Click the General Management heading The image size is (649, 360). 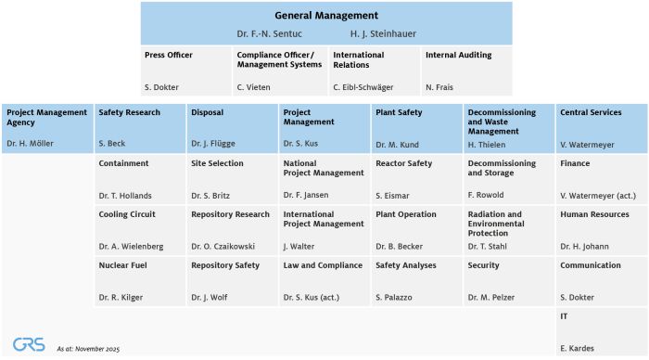pyautogui.click(x=326, y=16)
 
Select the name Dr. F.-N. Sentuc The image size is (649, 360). pyautogui.click(x=269, y=34)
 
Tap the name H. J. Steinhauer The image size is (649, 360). pyautogui.click(x=383, y=34)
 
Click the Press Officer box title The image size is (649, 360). pyautogui.click(x=169, y=56)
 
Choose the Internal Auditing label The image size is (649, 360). pyautogui.click(x=458, y=56)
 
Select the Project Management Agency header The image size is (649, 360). pyautogui.click(x=46, y=118)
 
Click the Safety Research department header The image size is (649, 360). pyautogui.click(x=129, y=113)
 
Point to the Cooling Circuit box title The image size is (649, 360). pyautogui.click(x=127, y=214)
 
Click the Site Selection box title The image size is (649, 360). pyautogui.click(x=217, y=164)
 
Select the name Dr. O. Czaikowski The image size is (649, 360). pyautogui.click(x=224, y=246)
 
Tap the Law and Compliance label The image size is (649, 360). pyautogui.click(x=322, y=265)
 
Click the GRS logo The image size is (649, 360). pyautogui.click(x=29, y=344)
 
